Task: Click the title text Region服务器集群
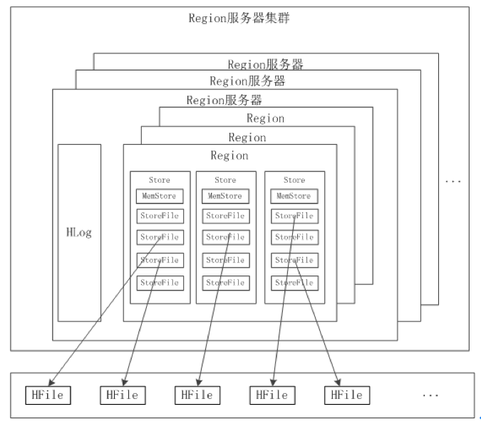pyautogui.click(x=239, y=18)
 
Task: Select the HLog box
pyautogui.click(x=79, y=233)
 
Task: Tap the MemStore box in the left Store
pyautogui.click(x=160, y=196)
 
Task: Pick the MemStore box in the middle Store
pyautogui.click(x=225, y=196)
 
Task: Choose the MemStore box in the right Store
pyautogui.click(x=294, y=196)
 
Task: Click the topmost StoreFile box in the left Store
pyautogui.click(x=160, y=216)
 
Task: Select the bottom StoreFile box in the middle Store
pyautogui.click(x=226, y=283)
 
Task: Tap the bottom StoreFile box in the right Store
pyautogui.click(x=294, y=283)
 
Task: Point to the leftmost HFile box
pyautogui.click(x=48, y=395)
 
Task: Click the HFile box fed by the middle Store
pyautogui.click(x=197, y=395)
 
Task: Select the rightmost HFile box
pyautogui.click(x=347, y=395)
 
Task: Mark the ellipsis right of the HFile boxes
pyautogui.click(x=430, y=395)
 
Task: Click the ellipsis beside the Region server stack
pyautogui.click(x=453, y=181)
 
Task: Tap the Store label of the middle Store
pyautogui.click(x=225, y=180)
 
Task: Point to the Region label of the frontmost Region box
pyautogui.click(x=229, y=156)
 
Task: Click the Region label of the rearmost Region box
pyautogui.click(x=266, y=118)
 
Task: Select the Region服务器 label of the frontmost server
pyautogui.click(x=224, y=100)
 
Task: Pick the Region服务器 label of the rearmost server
pyautogui.click(x=265, y=64)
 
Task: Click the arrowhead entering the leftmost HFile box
pyautogui.click(x=51, y=383)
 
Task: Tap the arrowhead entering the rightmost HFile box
pyautogui.click(x=338, y=383)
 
